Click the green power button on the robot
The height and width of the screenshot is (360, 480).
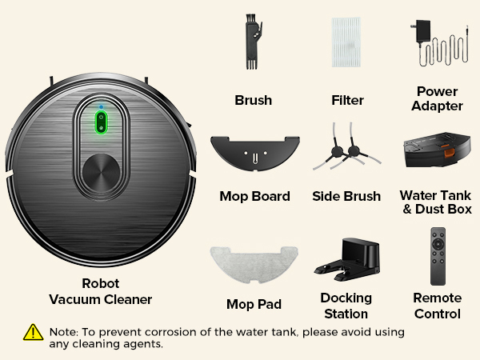pos(101,123)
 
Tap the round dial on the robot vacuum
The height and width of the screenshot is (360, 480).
pos(101,171)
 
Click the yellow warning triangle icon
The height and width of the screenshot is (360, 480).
pos(33,332)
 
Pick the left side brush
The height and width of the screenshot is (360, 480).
pos(330,149)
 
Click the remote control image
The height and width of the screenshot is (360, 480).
pos(438,256)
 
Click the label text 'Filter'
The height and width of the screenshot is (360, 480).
pos(347,101)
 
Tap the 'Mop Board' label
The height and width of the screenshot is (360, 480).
pos(254,197)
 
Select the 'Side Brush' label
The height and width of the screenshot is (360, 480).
pos(346,197)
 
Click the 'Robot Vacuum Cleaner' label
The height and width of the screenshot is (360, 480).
pos(101,292)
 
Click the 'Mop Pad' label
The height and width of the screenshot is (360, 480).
pos(254,305)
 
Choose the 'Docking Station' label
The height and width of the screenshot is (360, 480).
pos(346,306)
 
